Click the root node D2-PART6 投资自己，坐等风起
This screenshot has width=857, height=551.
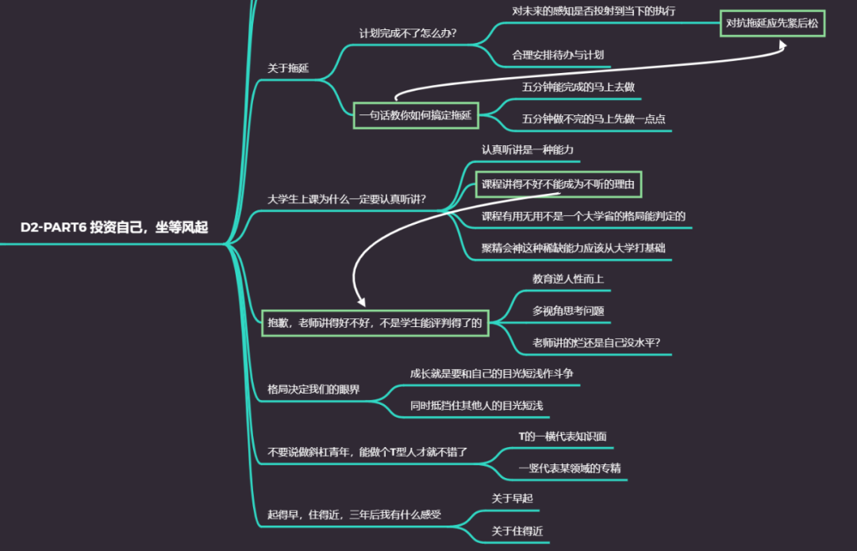tap(114, 228)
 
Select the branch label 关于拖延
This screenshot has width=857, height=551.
tap(288, 68)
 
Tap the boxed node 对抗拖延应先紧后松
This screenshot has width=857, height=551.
tap(772, 23)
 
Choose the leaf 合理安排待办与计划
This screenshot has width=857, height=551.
tap(558, 55)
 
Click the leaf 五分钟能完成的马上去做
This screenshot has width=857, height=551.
tap(578, 87)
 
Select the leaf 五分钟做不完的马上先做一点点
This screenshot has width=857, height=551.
tap(594, 119)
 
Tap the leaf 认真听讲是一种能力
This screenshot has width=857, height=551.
tap(527, 149)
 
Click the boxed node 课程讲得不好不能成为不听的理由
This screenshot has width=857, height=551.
tap(559, 184)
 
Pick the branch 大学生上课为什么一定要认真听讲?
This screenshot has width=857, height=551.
tap(347, 198)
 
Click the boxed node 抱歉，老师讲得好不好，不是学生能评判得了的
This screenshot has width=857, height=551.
tap(375, 322)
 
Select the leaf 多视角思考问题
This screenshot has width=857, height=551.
tap(568, 310)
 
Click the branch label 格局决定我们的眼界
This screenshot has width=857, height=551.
tap(313, 389)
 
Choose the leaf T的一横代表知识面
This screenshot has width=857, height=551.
tap(562, 436)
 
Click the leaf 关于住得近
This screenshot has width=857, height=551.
tap(517, 531)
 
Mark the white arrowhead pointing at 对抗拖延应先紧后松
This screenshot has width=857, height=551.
tap(782, 46)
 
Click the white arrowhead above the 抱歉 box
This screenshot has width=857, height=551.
tap(361, 302)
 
